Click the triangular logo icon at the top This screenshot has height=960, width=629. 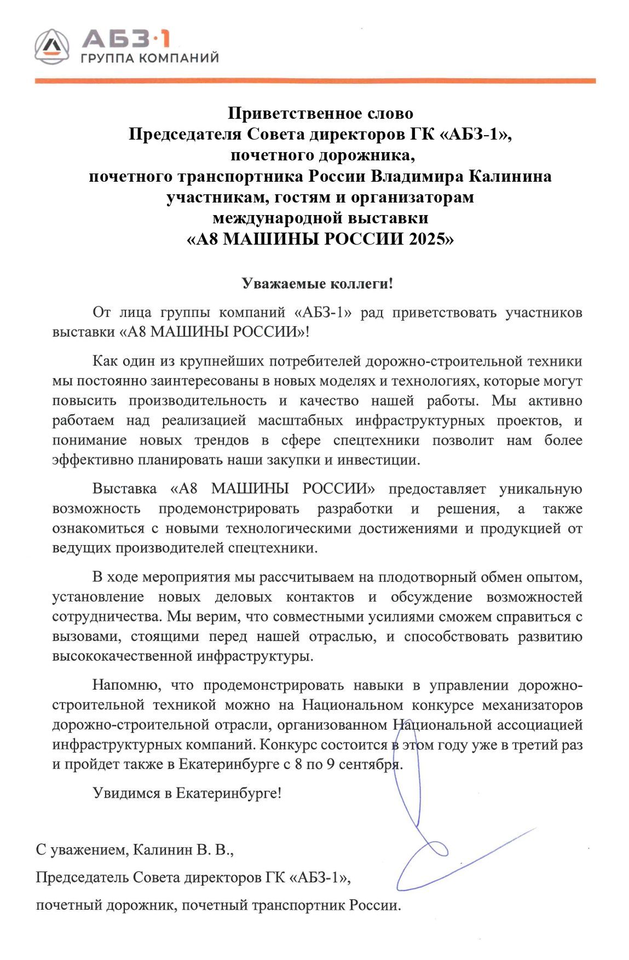[52, 46]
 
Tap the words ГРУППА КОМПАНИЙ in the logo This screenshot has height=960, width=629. [149, 58]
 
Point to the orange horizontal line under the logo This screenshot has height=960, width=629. [315, 81]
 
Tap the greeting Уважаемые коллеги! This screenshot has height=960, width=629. [318, 284]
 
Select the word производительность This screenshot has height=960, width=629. [198, 401]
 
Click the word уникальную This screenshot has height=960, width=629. [541, 489]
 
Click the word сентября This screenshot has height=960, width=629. [370, 764]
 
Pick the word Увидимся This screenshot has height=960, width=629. [126, 793]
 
